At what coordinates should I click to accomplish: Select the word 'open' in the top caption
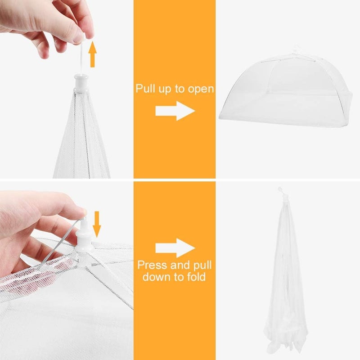(201, 88)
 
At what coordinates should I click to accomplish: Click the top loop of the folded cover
(280, 190)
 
